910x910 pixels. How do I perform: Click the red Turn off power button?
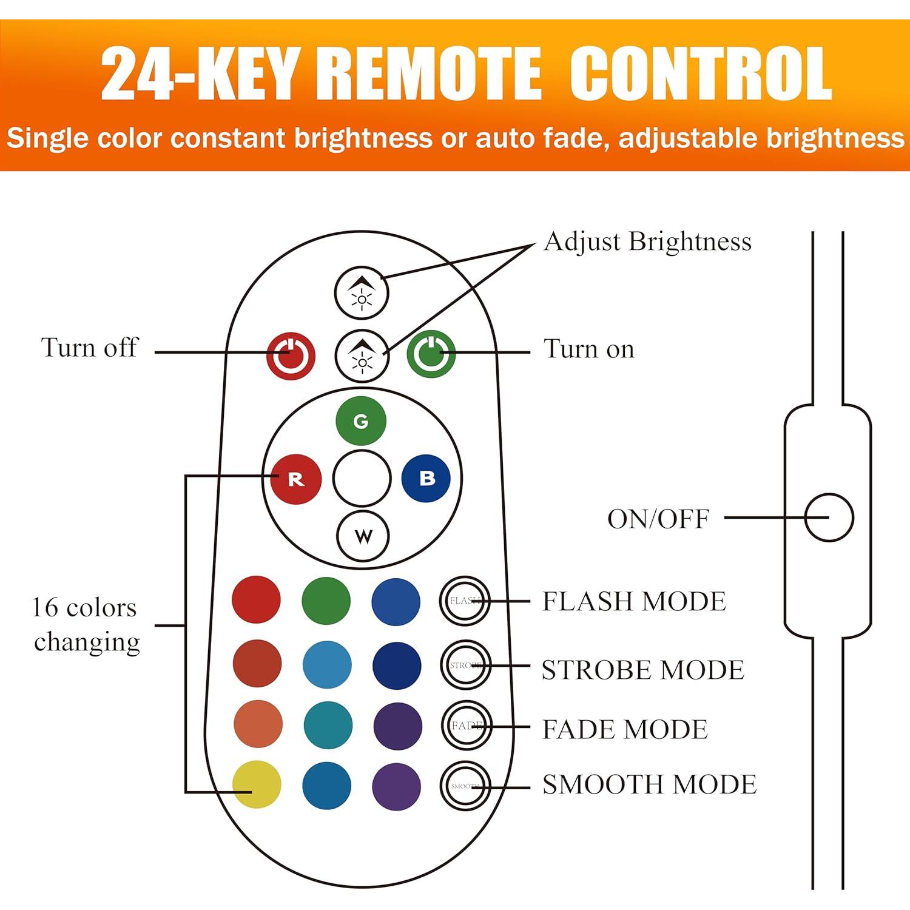pos(291,356)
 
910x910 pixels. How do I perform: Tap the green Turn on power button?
pos(431,354)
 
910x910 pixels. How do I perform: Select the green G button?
pos(361,421)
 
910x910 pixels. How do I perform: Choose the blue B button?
pos(426,478)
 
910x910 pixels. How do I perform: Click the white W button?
pos(363,536)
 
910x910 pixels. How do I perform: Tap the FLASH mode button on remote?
pos(465,601)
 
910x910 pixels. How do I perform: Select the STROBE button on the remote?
pos(465,665)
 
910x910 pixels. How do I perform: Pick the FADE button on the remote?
pos(466,726)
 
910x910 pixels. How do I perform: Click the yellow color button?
pos(257,784)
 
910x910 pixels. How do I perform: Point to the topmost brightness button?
pos(362,292)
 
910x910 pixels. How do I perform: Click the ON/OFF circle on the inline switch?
pos(829,517)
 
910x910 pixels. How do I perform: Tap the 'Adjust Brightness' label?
pos(647,241)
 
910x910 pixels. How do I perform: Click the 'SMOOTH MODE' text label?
pos(649,784)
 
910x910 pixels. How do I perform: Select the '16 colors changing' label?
pos(86,624)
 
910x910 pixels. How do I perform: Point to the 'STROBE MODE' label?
pos(642,670)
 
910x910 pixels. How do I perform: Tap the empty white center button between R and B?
pos(362,478)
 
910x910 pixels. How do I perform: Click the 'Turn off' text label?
pos(89,348)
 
